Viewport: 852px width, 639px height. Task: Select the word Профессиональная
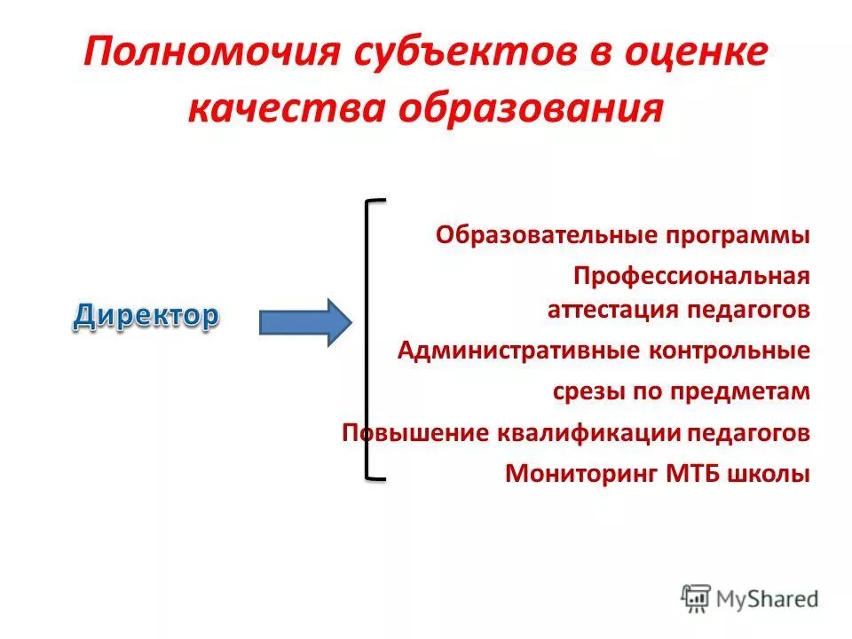coord(691,276)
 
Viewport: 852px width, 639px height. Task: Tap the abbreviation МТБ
coord(693,474)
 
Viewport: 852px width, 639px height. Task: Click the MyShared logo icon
coord(697,597)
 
